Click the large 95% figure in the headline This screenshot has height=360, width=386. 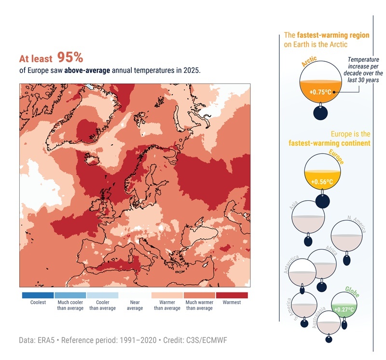(x=70, y=57)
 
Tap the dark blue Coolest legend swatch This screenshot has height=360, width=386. (x=38, y=295)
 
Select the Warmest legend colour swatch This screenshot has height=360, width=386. (x=232, y=295)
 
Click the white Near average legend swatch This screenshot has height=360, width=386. (x=135, y=295)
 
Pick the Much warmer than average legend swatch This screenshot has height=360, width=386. (x=199, y=295)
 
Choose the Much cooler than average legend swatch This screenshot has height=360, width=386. (x=70, y=295)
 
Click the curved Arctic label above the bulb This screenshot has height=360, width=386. (x=309, y=62)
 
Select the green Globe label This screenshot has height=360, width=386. (x=352, y=291)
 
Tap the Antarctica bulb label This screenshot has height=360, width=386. (x=292, y=264)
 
